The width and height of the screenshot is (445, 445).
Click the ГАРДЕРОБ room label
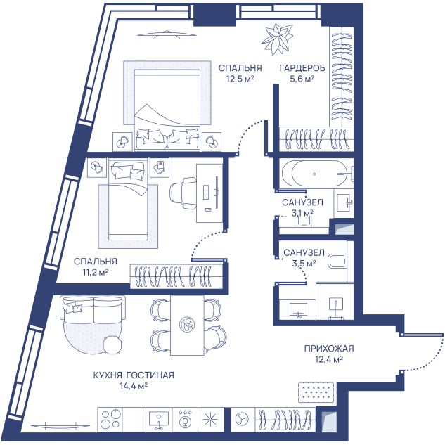(x=302, y=68)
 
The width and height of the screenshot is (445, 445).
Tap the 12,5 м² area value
(x=240, y=79)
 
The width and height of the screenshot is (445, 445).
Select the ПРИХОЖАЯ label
(x=329, y=348)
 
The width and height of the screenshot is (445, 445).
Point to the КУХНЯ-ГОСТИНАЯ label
(x=134, y=375)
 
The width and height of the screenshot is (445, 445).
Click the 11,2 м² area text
(x=96, y=272)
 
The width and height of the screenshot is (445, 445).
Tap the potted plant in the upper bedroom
(x=277, y=39)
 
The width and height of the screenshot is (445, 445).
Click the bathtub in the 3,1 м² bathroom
(x=315, y=174)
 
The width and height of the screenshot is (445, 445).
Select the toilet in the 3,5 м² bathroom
(x=337, y=261)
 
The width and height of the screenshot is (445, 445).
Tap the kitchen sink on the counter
(x=159, y=419)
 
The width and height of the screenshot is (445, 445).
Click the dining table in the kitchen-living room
(x=187, y=325)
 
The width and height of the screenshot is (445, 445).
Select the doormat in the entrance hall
(x=316, y=392)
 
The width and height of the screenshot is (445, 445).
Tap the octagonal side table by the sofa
(x=112, y=344)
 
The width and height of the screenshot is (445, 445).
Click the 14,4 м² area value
(x=134, y=386)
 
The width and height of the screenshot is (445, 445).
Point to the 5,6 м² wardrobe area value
(x=302, y=79)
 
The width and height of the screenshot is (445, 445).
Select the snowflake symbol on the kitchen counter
(x=211, y=418)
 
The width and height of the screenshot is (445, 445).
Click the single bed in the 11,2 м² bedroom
(x=128, y=199)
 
